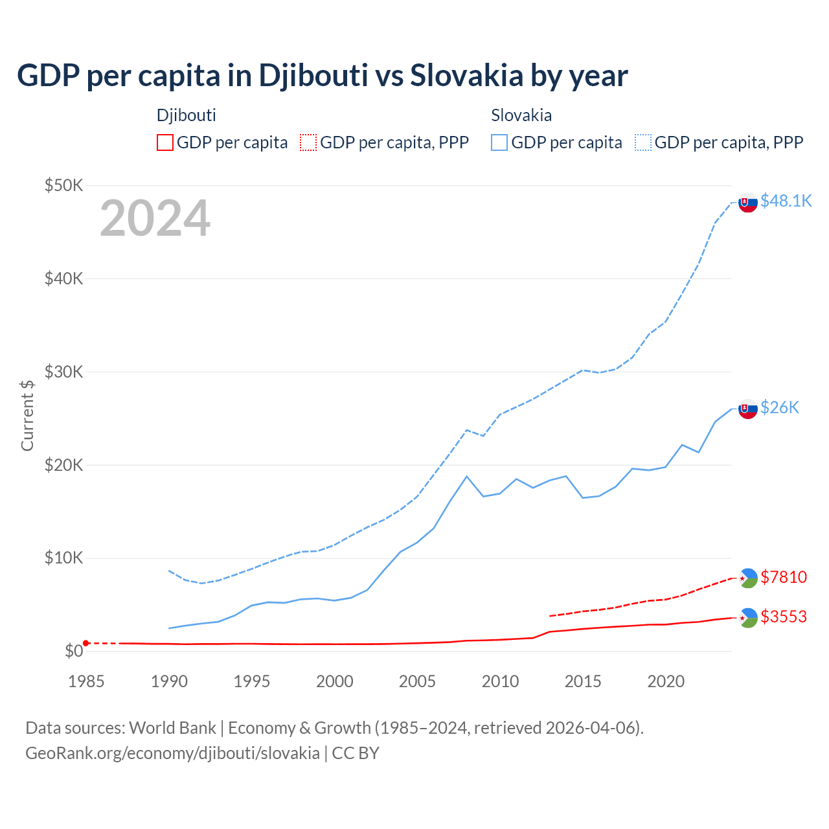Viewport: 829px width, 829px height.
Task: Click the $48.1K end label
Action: (786, 201)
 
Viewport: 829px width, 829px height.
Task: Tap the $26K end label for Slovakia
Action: (780, 407)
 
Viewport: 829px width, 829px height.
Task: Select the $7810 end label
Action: (784, 577)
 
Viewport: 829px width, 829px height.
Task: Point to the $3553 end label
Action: (784, 617)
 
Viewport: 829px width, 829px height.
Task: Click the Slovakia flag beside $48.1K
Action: (748, 203)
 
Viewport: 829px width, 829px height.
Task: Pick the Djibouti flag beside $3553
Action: (748, 618)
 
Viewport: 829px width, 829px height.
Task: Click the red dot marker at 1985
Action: (86, 643)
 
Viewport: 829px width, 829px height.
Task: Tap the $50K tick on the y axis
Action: (64, 186)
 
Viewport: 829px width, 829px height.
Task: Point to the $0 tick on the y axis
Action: (74, 651)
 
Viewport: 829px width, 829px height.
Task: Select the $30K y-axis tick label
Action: (64, 372)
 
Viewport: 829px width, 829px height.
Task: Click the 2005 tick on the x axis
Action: (417, 681)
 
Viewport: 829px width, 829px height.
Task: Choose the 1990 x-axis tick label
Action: (169, 681)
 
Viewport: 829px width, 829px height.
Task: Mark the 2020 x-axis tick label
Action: (666, 681)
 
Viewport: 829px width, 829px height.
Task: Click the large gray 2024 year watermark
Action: (155, 218)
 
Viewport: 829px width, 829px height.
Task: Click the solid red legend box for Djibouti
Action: (165, 142)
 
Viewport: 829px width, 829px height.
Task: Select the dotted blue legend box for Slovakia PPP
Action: (643, 142)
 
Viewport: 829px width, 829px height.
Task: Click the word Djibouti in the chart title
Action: (313, 76)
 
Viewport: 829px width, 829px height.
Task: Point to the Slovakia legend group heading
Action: (521, 115)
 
